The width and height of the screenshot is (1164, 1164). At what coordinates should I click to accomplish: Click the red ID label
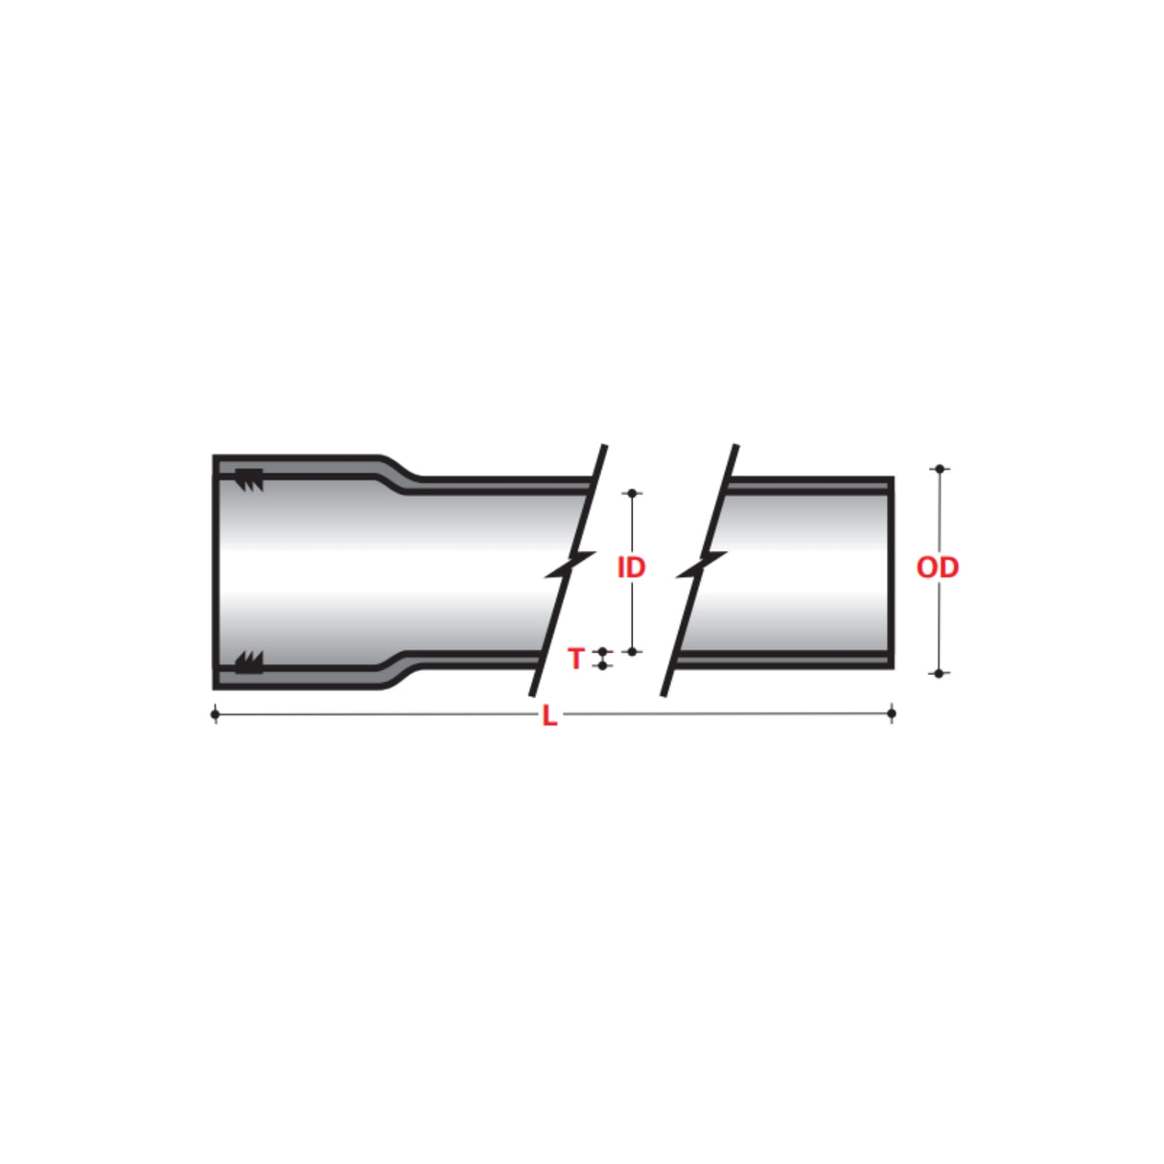click(631, 568)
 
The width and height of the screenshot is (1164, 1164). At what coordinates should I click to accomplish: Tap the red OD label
click(937, 568)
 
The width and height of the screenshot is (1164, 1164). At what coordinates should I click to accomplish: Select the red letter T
click(575, 659)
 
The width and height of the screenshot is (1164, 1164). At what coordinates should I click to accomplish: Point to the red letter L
click(549, 716)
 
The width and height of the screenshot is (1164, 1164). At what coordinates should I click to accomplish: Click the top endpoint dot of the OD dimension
click(940, 469)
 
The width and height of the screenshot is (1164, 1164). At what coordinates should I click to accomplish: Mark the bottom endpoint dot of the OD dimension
click(940, 673)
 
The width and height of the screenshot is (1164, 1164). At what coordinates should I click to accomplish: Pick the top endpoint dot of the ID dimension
click(632, 493)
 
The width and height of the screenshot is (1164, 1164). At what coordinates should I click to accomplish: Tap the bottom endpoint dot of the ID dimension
click(632, 651)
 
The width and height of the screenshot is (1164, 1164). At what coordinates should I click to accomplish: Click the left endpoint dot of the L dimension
click(215, 714)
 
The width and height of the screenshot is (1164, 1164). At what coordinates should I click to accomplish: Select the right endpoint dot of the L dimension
click(892, 713)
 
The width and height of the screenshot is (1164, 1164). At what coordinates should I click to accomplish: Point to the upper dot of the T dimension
click(602, 652)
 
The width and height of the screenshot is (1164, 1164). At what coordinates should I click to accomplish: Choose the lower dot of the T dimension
click(602, 665)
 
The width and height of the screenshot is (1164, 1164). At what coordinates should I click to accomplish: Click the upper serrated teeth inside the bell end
click(249, 479)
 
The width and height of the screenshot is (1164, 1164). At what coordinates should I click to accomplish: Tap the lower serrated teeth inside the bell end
click(249, 662)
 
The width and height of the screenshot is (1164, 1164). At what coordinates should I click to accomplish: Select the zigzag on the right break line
click(701, 567)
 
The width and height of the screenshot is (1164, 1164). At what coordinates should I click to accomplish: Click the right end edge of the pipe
click(891, 572)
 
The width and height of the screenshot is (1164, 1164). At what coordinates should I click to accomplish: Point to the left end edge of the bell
click(216, 572)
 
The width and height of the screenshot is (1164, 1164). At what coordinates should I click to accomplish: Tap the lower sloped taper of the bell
click(398, 670)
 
